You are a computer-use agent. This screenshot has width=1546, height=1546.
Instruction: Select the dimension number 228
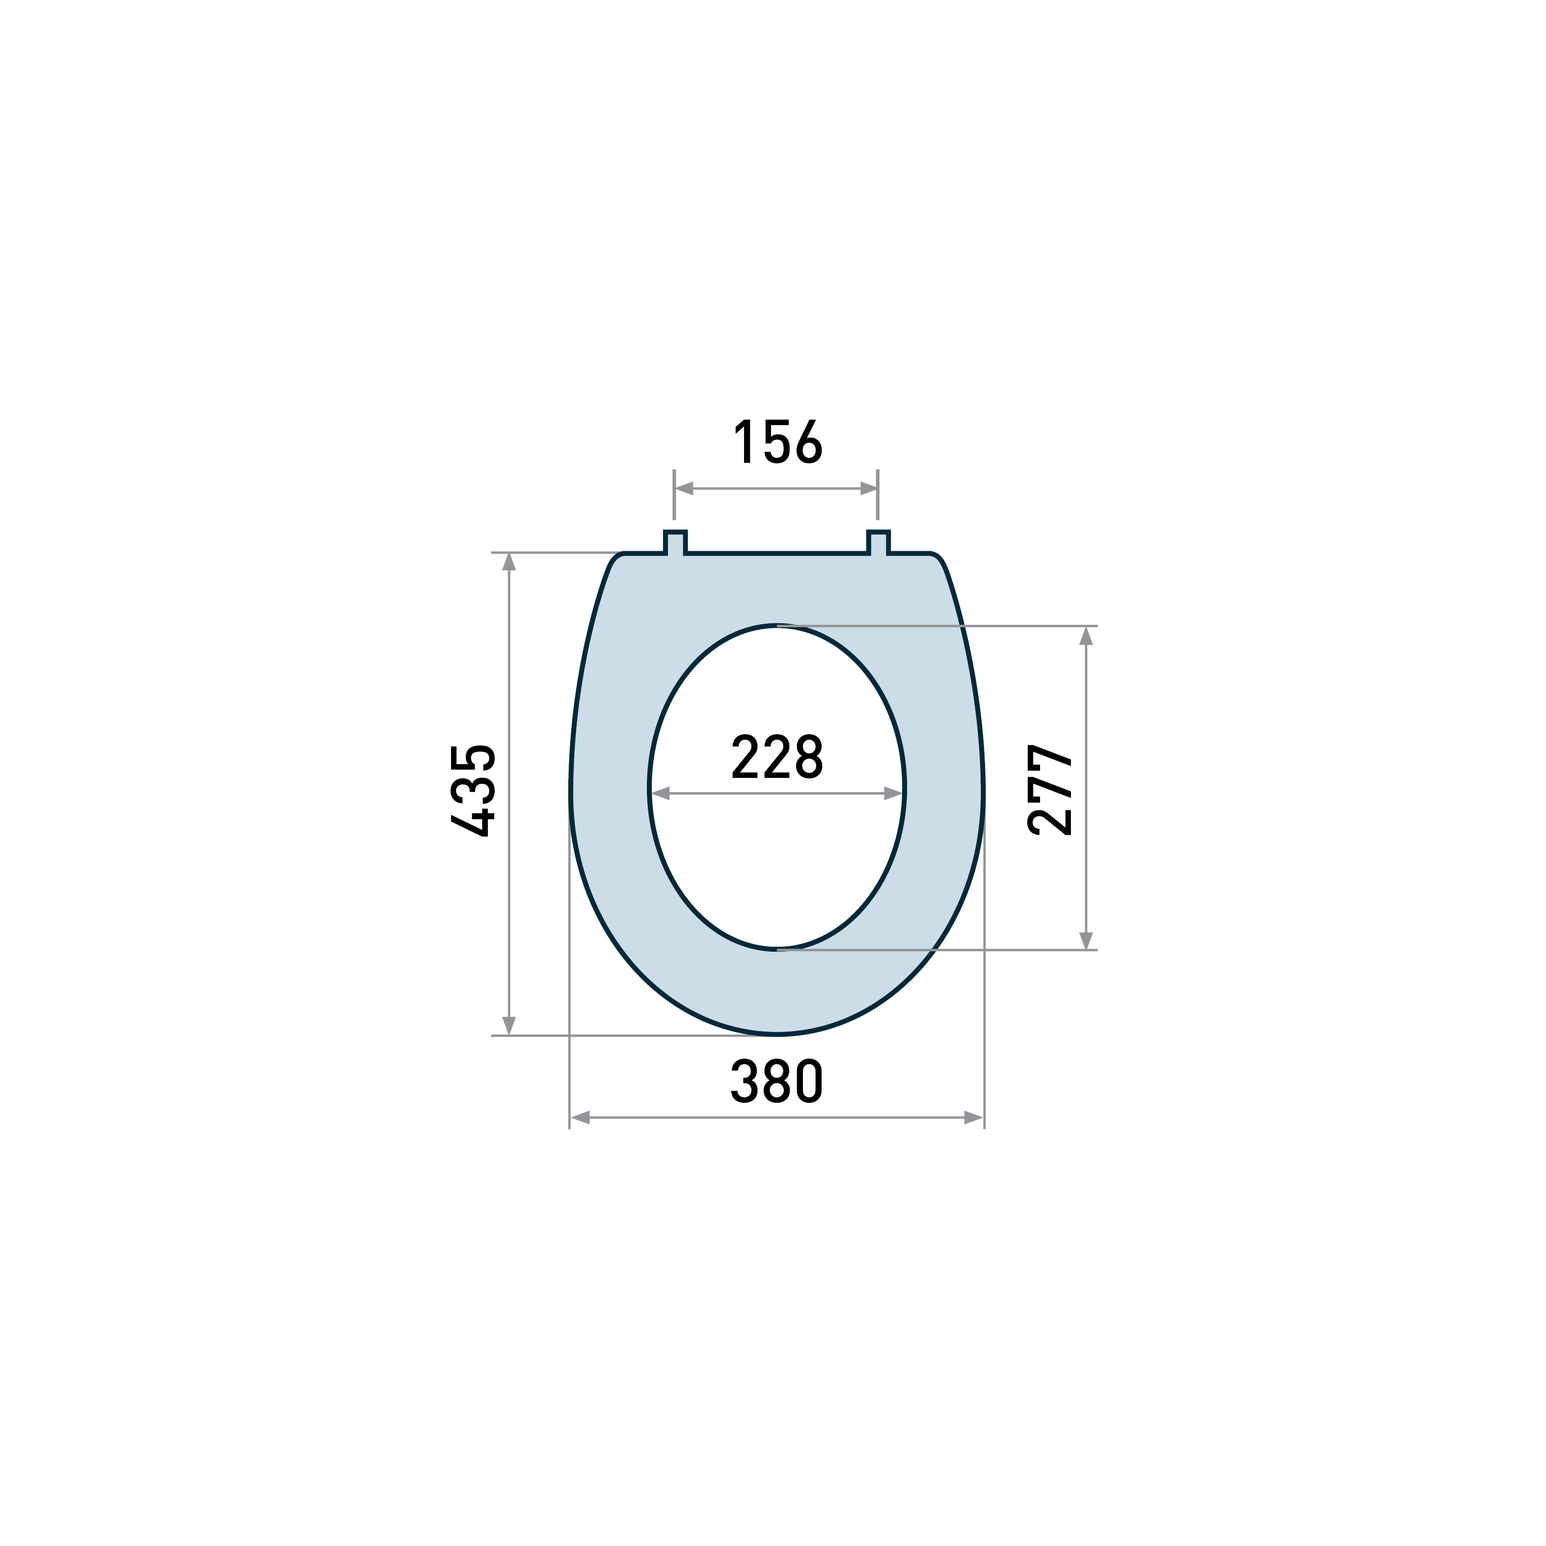click(x=777, y=757)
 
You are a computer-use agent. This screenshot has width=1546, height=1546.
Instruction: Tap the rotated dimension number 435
click(x=474, y=791)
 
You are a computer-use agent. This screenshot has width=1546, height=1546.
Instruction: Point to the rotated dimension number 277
click(x=1050, y=791)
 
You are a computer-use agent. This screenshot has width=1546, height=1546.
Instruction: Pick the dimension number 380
click(x=777, y=1081)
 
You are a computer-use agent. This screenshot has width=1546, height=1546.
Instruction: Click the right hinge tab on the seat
click(x=879, y=542)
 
